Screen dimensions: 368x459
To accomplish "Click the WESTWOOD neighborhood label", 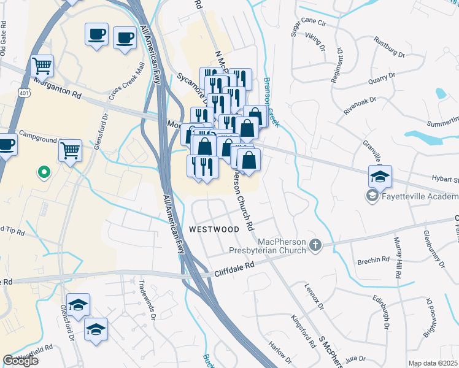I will [x=214, y=229].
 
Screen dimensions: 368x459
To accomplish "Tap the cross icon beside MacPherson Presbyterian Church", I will [x=315, y=245].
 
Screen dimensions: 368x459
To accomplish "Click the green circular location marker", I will [x=43, y=173].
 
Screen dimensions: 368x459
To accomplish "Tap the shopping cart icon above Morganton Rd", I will [x=42, y=64].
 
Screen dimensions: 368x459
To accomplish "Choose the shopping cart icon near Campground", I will [x=71, y=149].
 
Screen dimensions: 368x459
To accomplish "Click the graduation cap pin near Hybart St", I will [x=380, y=177].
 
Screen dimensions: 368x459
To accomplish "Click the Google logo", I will [x=20, y=361].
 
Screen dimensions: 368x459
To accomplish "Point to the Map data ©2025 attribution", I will [x=433, y=363].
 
